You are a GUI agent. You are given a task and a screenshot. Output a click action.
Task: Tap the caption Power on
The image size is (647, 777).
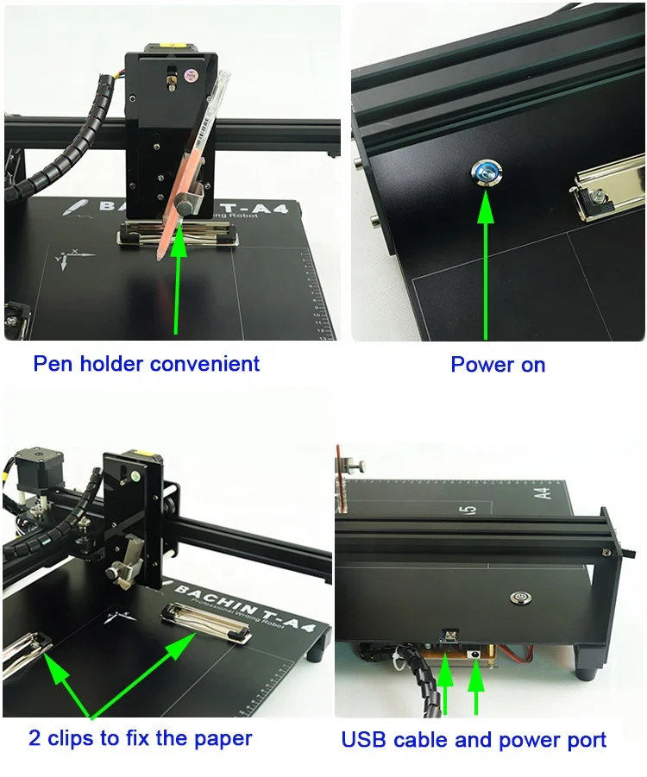tap(498, 365)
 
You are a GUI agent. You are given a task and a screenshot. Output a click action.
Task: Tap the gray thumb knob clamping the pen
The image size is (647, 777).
tap(187, 204)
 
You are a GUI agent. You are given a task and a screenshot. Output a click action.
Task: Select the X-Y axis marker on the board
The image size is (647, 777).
tap(66, 258)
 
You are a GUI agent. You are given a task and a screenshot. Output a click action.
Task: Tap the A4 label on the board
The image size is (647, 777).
tap(543, 493)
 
